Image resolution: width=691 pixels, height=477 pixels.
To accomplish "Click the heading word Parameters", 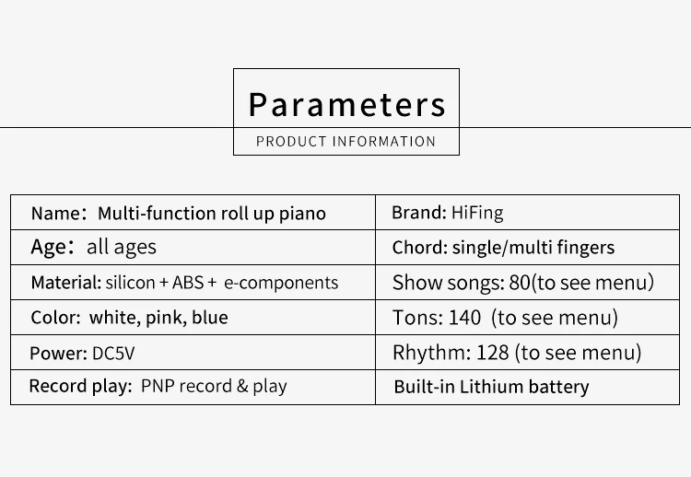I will [346, 105].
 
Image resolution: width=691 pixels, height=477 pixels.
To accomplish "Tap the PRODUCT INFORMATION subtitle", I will [345, 142].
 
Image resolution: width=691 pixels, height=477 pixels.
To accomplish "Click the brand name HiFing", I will [477, 213].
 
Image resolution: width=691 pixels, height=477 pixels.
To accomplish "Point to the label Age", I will [49, 248].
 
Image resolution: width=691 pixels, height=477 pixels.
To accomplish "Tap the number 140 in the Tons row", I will [464, 318].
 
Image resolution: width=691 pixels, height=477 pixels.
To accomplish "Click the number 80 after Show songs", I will [520, 283].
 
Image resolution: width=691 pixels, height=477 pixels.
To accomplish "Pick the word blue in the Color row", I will [209, 318].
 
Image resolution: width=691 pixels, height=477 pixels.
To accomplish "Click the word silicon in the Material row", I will [130, 283].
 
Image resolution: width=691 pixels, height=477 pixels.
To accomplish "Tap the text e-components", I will [281, 283].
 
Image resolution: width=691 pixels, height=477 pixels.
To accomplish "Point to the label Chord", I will [419, 248].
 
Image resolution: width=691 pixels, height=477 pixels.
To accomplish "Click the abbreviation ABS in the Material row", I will [187, 283].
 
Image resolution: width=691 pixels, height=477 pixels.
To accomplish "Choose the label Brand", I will [417, 213].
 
